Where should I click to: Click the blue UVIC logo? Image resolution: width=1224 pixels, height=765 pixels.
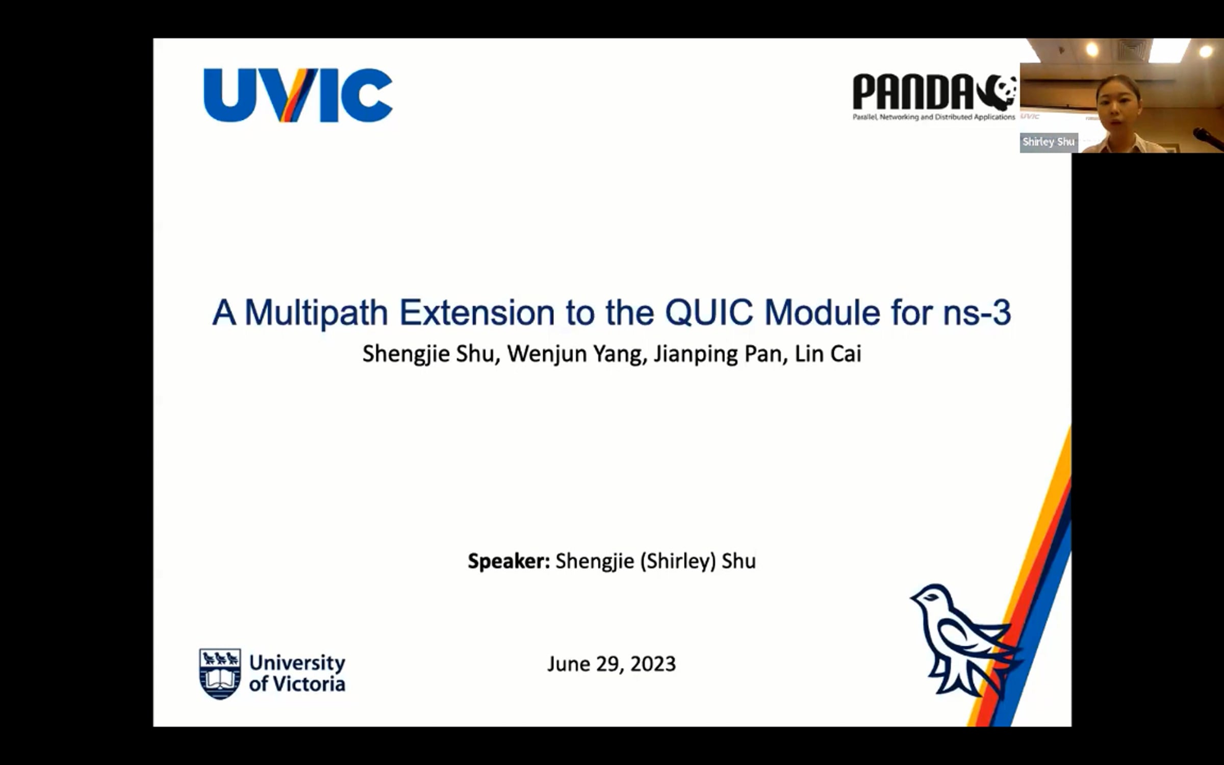click(298, 95)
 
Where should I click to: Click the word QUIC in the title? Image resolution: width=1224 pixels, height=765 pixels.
click(708, 312)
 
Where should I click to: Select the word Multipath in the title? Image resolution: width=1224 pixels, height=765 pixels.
click(316, 313)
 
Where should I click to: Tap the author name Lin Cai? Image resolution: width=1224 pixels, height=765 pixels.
click(828, 354)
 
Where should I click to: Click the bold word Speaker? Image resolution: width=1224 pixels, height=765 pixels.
click(509, 562)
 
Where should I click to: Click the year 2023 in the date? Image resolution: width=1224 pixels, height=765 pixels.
click(653, 664)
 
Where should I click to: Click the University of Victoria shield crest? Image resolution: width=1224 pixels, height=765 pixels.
click(220, 674)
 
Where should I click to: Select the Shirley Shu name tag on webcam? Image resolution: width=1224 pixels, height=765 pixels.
click(1048, 142)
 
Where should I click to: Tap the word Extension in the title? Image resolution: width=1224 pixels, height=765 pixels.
click(476, 313)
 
